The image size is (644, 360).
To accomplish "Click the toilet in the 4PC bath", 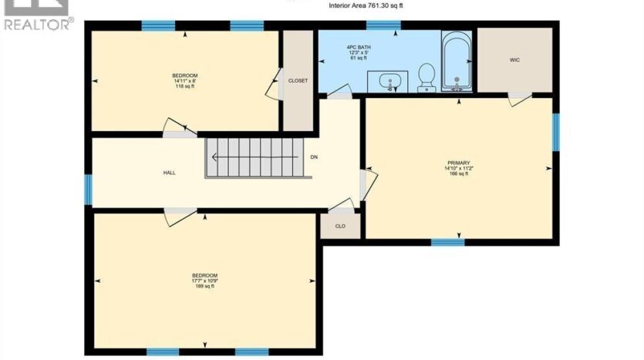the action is tap(427, 78).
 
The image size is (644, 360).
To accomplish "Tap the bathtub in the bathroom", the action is tap(457, 62).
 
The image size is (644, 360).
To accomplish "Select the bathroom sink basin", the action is tap(388, 81).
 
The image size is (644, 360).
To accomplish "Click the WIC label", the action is tap(514, 60).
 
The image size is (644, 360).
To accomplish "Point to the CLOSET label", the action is tap(298, 81).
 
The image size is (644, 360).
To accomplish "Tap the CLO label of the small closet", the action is tap(340, 226).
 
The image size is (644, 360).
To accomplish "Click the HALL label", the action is tap(169, 173).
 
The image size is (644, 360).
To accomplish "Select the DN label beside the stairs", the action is tap(314, 157).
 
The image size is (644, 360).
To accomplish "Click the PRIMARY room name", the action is tap(458, 163).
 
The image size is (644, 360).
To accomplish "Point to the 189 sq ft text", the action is tap(205, 286).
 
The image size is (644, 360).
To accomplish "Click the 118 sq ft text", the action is tap(185, 86).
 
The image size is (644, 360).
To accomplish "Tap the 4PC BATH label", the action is tap(359, 47).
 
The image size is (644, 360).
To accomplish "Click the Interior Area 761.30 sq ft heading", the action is tap(366, 5).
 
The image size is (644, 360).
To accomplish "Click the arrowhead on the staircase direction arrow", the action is tap(214, 157).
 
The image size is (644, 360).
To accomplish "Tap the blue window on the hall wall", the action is tap(88, 190).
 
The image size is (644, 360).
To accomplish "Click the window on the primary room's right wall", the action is tap(556, 132).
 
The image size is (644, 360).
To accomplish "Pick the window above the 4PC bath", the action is tap(383, 25).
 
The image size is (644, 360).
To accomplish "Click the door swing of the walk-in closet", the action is tap(520, 99).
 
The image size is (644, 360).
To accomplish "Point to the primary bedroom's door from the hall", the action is tap(369, 185).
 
